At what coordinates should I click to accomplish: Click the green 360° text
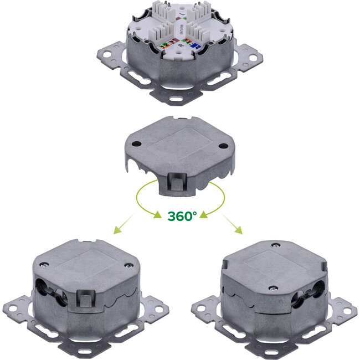coord(182,215)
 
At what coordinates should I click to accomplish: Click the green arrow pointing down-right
coord(234,223)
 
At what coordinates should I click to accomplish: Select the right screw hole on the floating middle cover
coord(223,146)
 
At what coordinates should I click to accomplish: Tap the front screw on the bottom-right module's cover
coord(274,287)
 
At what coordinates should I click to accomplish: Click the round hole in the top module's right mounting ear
coord(256,56)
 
